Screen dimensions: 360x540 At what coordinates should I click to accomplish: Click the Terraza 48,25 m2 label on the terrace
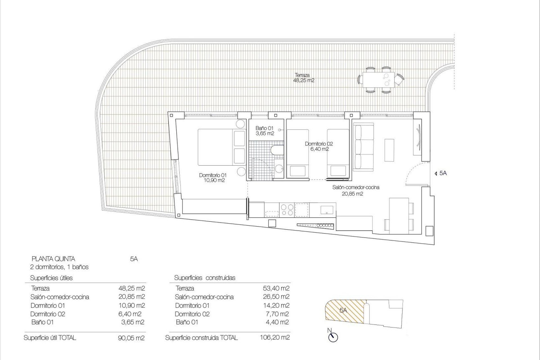point(303,78)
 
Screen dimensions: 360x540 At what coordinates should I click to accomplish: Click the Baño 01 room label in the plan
point(264,131)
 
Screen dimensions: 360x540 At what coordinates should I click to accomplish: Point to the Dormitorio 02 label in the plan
point(319,146)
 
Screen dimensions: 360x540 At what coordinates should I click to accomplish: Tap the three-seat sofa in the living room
point(364,148)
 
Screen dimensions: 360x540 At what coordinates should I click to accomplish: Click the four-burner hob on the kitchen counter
point(287,210)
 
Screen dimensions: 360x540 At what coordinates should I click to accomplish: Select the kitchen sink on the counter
point(327,210)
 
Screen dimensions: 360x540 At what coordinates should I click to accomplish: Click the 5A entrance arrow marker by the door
point(441,174)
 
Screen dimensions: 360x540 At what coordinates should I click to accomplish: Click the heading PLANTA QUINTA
point(53,259)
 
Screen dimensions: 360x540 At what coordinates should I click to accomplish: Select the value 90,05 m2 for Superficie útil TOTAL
point(131,338)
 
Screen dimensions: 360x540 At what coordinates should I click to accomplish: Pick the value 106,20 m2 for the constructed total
point(275,337)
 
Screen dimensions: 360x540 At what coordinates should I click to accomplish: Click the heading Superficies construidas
point(205,278)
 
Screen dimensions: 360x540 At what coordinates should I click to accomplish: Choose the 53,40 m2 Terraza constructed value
point(276,288)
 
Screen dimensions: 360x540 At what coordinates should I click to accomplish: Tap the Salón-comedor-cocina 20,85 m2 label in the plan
point(355,190)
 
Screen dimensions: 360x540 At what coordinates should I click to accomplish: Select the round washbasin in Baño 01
point(279,169)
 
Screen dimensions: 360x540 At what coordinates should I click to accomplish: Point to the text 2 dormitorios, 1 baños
point(59,267)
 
